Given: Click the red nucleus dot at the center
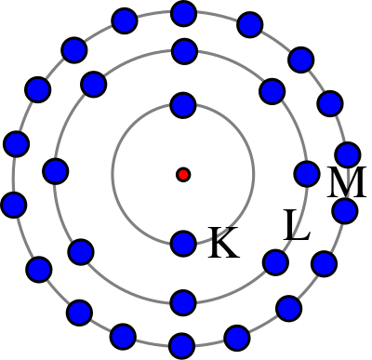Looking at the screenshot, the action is tap(183, 175).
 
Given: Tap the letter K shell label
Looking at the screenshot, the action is tap(224, 242).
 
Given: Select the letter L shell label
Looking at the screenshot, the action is tap(297, 225).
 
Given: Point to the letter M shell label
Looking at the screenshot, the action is tap(347, 182).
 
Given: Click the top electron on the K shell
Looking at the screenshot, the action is tap(183, 105).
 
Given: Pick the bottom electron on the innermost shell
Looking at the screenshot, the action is tap(183, 244).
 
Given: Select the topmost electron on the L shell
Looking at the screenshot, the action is tap(184, 51).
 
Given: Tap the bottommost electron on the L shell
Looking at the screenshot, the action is tap(183, 302).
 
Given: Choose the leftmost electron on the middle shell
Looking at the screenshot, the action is tap(56, 171).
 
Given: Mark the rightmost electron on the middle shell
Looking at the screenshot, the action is tap(307, 174).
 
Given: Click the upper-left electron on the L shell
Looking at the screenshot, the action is tap(94, 84).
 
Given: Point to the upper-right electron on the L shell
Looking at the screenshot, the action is tap(272, 91).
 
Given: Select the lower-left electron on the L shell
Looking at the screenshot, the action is tap(81, 252).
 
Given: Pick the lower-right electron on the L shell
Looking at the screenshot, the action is tap(275, 262).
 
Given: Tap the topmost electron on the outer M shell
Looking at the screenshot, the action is tap(184, 14).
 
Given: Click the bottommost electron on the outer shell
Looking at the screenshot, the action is tap(182, 346).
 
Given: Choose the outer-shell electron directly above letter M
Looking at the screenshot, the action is tap(348, 154).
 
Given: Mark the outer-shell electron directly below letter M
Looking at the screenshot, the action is tap(345, 211).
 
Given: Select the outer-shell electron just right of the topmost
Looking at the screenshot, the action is tap(250, 24).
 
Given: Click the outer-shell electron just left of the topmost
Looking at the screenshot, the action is tap(125, 20).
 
